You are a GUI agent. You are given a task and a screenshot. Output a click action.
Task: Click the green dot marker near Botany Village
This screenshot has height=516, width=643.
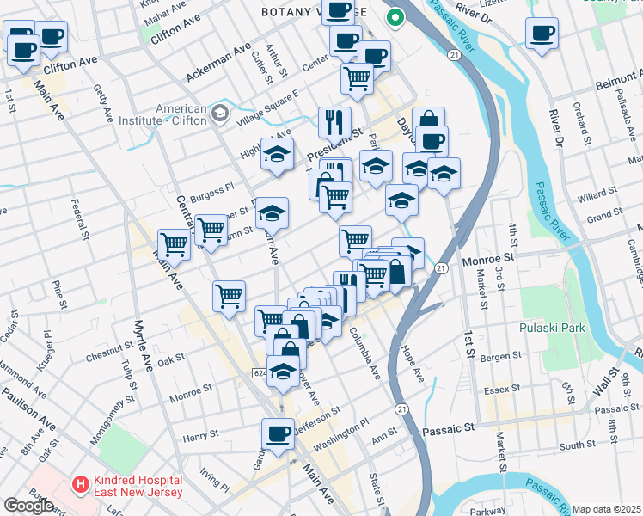pyautogui.click(x=395, y=17)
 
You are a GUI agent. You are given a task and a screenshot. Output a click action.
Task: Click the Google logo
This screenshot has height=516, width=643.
pyautogui.click(x=28, y=506)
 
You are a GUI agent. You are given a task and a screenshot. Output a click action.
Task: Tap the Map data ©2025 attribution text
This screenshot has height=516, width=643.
pyautogui.click(x=606, y=509)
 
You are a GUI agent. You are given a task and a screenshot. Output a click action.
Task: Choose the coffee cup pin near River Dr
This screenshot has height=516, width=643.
pyautogui.click(x=542, y=34)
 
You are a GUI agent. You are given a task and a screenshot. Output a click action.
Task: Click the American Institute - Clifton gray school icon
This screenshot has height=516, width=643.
pyautogui.click(x=220, y=113)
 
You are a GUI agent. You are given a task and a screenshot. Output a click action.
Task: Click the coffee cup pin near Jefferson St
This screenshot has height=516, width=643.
pyautogui.click(x=278, y=434)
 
